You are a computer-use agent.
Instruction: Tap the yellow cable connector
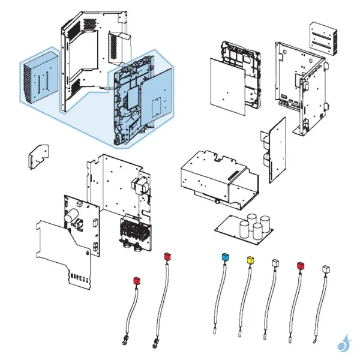(x=250, y=260)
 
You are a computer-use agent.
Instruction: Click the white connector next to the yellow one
(x=275, y=263)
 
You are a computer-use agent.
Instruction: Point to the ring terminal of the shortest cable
(x=124, y=343)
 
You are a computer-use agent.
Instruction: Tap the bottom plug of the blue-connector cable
(x=214, y=329)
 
